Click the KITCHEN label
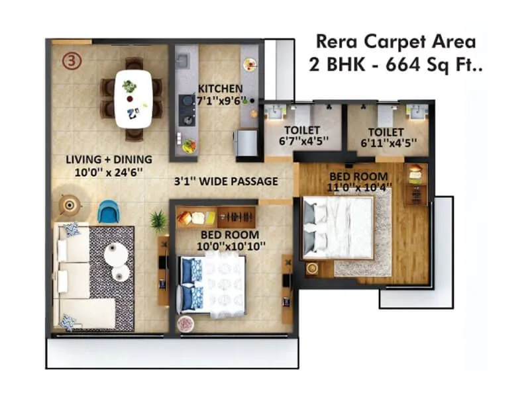coord(220,89)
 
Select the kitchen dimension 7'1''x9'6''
coord(222,101)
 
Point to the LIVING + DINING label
coord(109,159)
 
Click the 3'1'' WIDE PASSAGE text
coord(226,181)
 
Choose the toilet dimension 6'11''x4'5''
coord(389,142)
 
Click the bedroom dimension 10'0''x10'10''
coord(232,245)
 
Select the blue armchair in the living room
coord(107,212)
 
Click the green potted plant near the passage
coord(158,221)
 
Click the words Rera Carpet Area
coord(396,42)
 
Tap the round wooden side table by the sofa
coord(69,205)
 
